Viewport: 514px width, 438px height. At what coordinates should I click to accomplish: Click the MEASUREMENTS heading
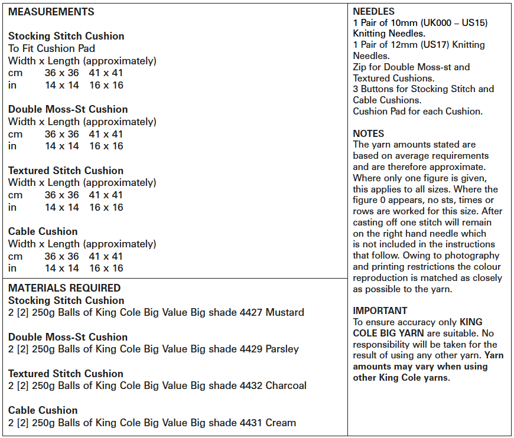pyautogui.click(x=51, y=12)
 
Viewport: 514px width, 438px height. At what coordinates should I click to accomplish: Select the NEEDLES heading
pyautogui.click(x=373, y=11)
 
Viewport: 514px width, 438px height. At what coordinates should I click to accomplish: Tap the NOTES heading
pyautogui.click(x=369, y=133)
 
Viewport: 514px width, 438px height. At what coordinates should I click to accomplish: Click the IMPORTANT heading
pyautogui.click(x=380, y=310)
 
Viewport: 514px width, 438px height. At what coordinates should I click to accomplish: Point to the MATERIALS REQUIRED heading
pyautogui.click(x=64, y=288)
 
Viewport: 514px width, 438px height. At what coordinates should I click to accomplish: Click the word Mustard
pyautogui.click(x=285, y=312)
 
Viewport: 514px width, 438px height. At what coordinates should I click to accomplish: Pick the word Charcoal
pyautogui.click(x=287, y=385)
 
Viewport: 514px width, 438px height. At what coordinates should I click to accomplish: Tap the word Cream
pyautogui.click(x=281, y=422)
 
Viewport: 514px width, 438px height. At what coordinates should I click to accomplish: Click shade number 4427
pyautogui.click(x=251, y=312)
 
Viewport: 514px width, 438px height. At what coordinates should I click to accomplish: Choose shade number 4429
pyautogui.click(x=251, y=349)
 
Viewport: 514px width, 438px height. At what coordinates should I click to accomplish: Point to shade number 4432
pyautogui.click(x=251, y=385)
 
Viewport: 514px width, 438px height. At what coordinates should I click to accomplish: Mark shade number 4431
pyautogui.click(x=251, y=422)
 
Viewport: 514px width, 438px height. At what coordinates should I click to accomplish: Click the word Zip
pyautogui.click(x=360, y=67)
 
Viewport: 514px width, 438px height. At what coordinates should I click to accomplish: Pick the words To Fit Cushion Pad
pyautogui.click(x=51, y=48)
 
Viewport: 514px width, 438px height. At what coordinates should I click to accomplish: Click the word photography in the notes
pyautogui.click(x=475, y=256)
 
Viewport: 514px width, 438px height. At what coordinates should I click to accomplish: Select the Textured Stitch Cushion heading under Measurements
pyautogui.click(x=66, y=171)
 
